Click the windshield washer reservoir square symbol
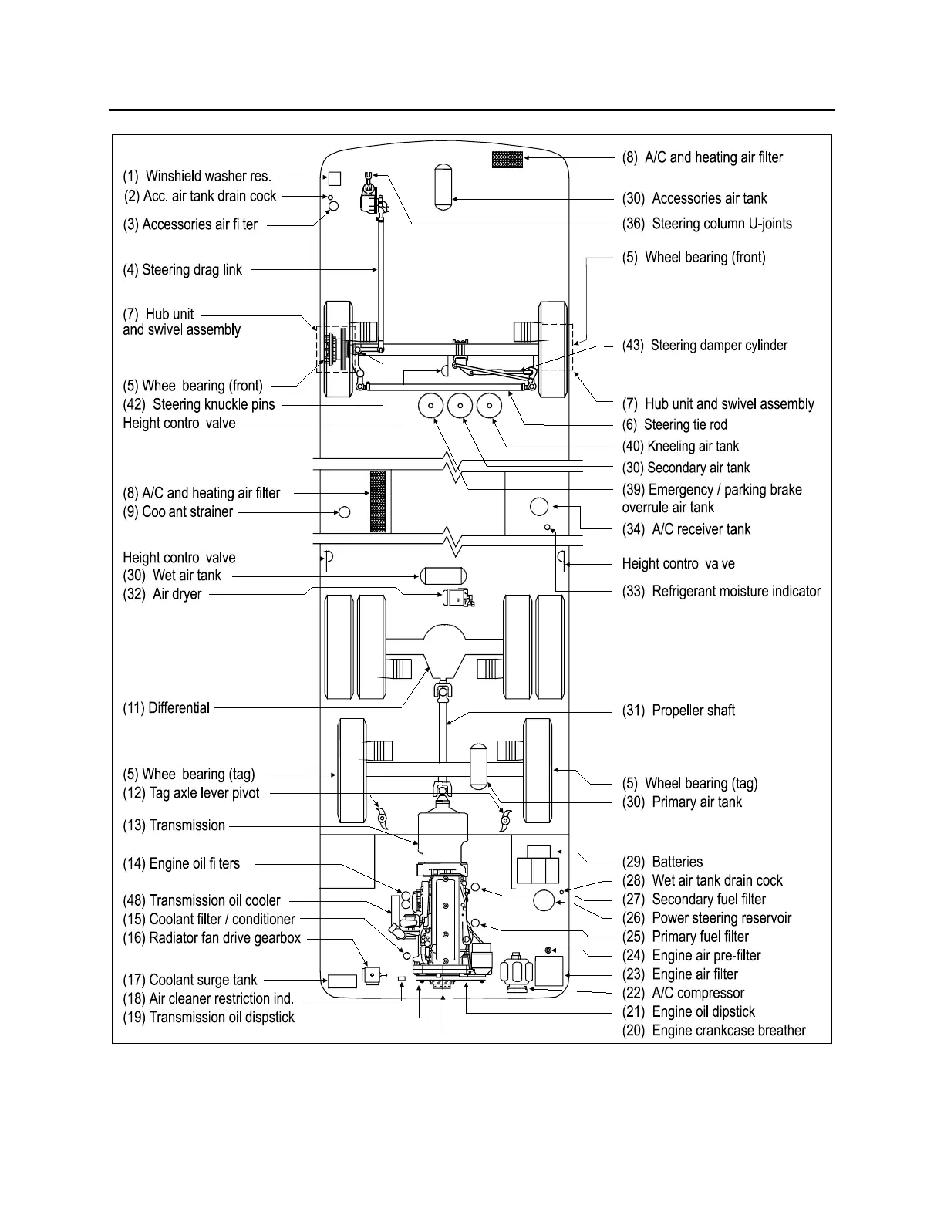335,178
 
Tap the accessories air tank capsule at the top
443,186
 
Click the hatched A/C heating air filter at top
507,160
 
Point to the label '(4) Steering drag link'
183,270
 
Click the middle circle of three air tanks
460,405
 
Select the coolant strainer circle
345,511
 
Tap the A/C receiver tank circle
539,507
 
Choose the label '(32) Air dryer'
163,594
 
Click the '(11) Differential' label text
167,707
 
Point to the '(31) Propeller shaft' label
679,711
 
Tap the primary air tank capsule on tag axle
478,765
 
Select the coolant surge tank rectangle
342,981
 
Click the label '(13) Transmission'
174,825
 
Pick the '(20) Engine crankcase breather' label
714,1031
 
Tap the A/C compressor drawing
514,974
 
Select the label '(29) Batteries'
662,862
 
